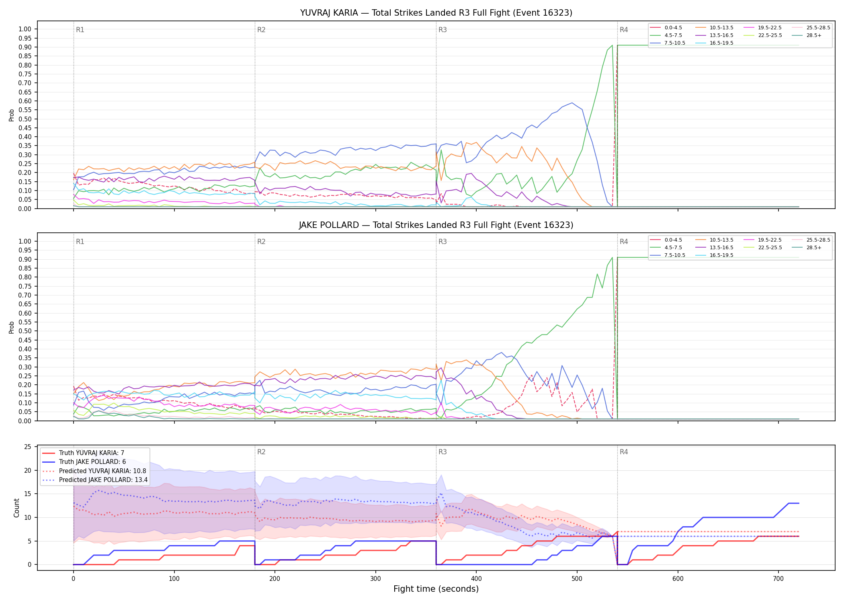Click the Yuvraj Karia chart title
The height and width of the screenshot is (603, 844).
pyautogui.click(x=436, y=13)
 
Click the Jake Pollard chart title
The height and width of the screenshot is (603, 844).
pyautogui.click(x=436, y=225)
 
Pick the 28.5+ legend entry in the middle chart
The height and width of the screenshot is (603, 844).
pyautogui.click(x=807, y=248)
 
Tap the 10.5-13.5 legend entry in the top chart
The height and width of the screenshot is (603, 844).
pyautogui.click(x=714, y=28)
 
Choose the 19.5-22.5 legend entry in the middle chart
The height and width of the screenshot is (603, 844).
pyautogui.click(x=762, y=240)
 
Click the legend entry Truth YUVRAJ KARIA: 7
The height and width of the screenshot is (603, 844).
pyautogui.click(x=83, y=453)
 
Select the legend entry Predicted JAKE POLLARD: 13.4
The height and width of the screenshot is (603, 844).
pyautogui.click(x=95, y=480)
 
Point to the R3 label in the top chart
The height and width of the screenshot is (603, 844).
pyautogui.click(x=442, y=30)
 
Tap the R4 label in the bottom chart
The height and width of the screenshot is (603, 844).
pyautogui.click(x=624, y=452)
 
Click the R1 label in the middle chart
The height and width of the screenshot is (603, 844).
pyautogui.click(x=80, y=242)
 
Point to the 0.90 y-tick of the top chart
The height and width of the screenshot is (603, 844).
pyautogui.click(x=25, y=47)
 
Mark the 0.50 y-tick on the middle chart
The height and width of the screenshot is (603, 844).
pyautogui.click(x=25, y=331)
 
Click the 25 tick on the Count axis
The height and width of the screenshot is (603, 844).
pyautogui.click(x=28, y=447)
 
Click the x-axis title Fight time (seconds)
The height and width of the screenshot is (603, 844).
pyautogui.click(x=436, y=589)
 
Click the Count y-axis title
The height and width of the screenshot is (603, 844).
pyautogui.click(x=16, y=508)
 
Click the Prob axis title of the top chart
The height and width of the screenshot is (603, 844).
pyautogui.click(x=12, y=115)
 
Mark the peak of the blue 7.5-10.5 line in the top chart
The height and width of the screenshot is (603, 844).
pyautogui.click(x=572, y=103)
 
